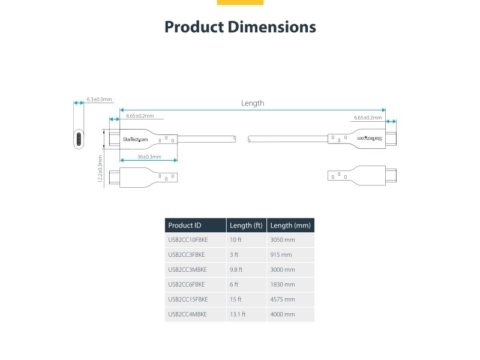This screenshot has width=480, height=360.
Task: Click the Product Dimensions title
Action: coord(240,27)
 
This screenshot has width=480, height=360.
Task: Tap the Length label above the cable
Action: coord(252,103)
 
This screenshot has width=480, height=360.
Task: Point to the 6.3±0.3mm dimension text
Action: coord(99,99)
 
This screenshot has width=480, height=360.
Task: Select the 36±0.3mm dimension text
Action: coord(149,157)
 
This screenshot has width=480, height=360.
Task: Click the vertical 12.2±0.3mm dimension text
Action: coord(100,170)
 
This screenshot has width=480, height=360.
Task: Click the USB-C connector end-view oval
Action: coord(78,139)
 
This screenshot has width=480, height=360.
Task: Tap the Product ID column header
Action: coord(185,226)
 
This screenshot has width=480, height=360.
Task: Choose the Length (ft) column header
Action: coord(246,226)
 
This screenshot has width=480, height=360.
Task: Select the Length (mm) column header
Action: coord(290,226)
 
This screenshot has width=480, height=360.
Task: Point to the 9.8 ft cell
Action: coord(236,269)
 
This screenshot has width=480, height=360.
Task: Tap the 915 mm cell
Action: coord(281,255)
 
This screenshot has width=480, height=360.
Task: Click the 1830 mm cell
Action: coord(283,284)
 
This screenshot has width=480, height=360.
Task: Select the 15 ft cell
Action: coord(236,299)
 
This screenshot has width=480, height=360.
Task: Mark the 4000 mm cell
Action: coord(283,314)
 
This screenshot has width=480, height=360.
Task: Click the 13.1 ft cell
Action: coord(238,314)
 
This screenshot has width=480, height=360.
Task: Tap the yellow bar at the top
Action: coord(240,2)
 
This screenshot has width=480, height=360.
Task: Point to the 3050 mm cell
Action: coord(283,240)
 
